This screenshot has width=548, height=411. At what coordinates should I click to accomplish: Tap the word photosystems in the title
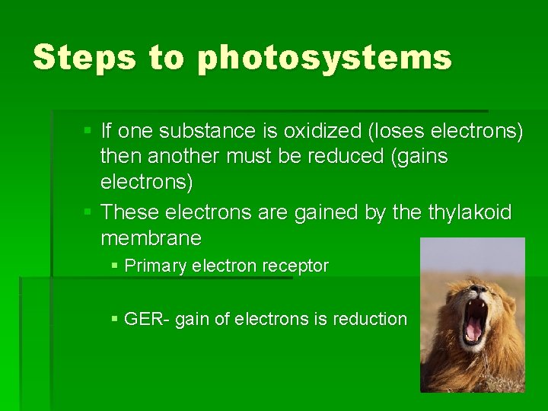tap(324, 59)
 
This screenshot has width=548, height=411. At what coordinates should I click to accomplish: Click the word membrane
tap(151, 238)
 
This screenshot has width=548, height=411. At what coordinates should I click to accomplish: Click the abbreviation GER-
tap(147, 319)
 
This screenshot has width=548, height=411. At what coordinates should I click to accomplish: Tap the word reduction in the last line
tap(371, 319)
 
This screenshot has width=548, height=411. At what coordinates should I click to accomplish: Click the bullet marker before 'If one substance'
tap(88, 131)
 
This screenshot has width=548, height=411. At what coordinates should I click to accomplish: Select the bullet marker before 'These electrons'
tap(88, 212)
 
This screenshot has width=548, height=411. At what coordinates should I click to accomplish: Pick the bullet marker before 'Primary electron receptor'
tap(114, 266)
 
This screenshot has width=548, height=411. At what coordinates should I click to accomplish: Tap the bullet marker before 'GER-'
tap(114, 319)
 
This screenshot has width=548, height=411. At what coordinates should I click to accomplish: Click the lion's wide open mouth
tap(474, 320)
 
